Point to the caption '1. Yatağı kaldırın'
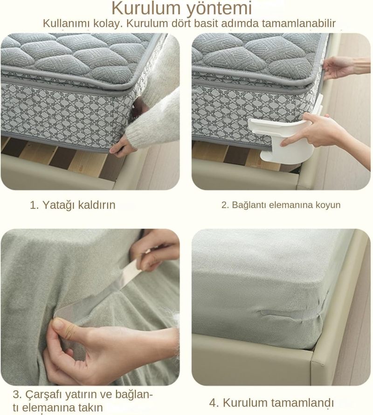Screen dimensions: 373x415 [72, 205]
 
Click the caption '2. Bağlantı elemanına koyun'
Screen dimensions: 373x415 [281, 205]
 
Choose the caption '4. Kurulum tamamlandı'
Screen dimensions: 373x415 [271, 402]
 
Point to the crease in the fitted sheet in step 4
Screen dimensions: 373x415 [289, 312]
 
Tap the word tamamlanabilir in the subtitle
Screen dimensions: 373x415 [299, 23]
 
